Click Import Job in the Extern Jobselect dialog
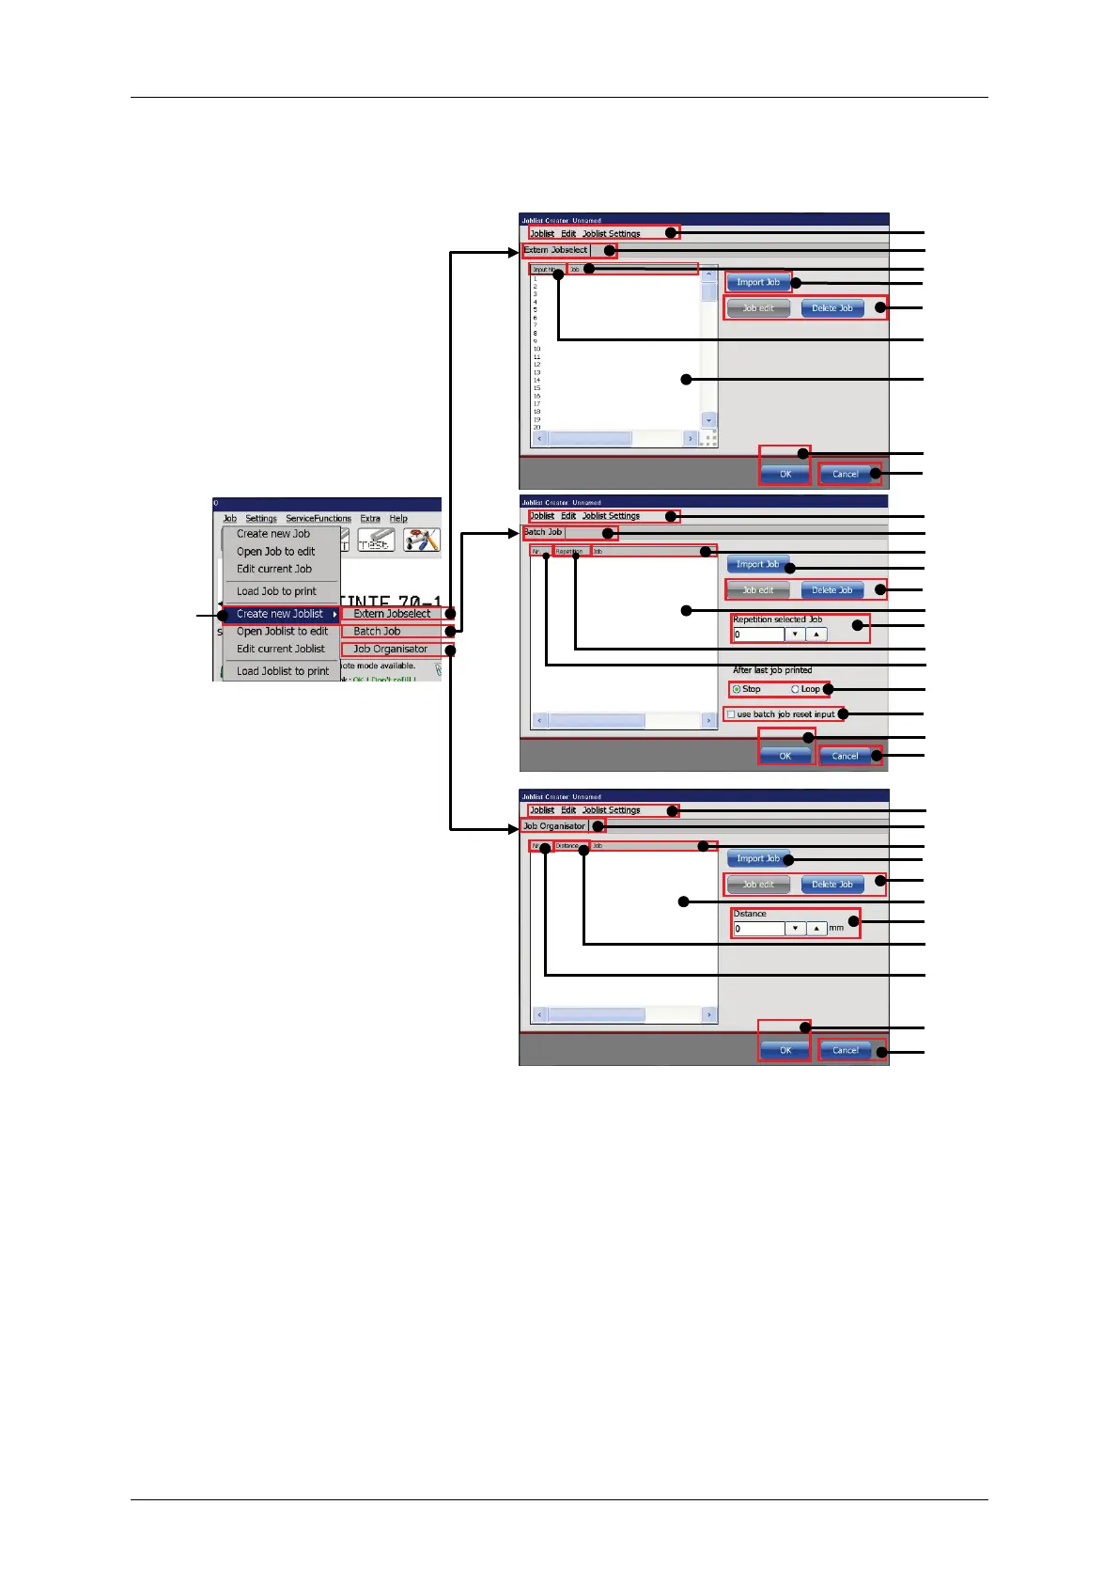pos(757,282)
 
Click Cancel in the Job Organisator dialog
pos(845,1050)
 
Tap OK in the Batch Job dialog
pos(785,756)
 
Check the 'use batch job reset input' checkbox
pos(731,714)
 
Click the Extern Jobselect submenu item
pos(392,614)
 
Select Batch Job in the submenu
pos(377,632)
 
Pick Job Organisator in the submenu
pos(390,650)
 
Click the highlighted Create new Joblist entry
pos(280,614)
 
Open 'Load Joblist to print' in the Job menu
pos(282,671)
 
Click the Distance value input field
pos(757,929)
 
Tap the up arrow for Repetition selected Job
pos(816,635)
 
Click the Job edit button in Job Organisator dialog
pos(758,885)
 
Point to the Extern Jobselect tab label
pos(555,250)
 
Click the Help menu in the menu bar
pos(398,519)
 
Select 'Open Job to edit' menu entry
pos(275,552)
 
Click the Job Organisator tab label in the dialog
pos(554,826)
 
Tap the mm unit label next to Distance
pos(836,928)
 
